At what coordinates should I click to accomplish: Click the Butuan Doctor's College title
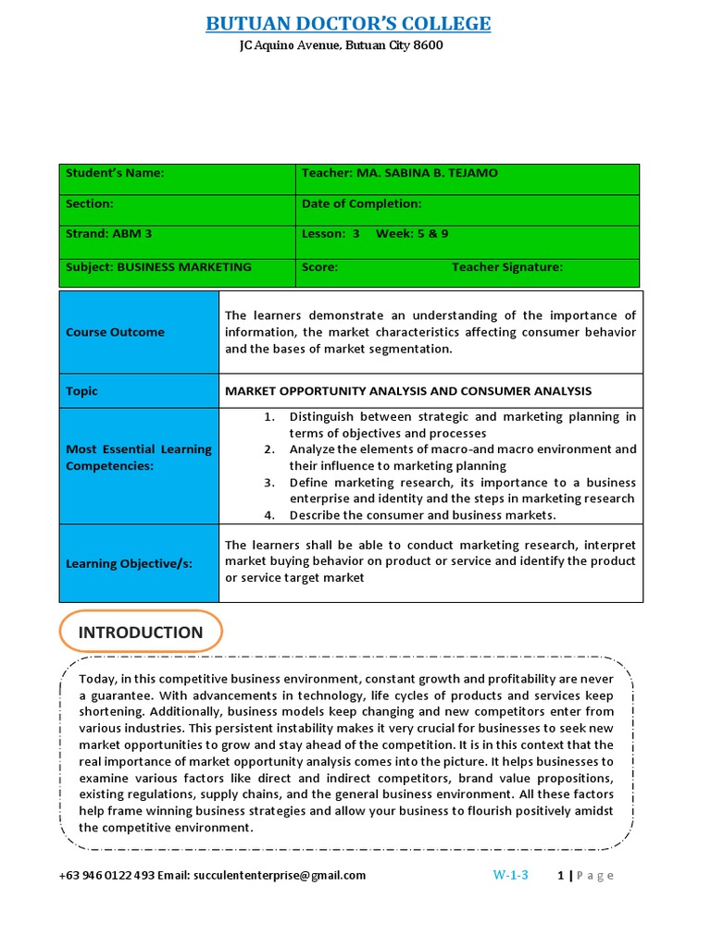click(x=348, y=23)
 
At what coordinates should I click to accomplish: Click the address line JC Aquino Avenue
click(x=341, y=45)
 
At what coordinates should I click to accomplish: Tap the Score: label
click(x=319, y=267)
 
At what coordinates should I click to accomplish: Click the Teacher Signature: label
click(x=506, y=267)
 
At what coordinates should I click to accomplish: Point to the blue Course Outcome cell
click(x=139, y=332)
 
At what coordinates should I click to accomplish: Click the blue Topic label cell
click(x=139, y=391)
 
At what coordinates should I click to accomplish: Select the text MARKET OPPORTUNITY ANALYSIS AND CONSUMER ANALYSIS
click(x=408, y=391)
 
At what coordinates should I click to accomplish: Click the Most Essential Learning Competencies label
click(x=139, y=458)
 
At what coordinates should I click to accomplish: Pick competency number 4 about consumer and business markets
click(x=422, y=515)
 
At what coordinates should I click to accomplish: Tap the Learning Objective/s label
click(x=139, y=563)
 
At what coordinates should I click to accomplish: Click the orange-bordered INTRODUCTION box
click(x=141, y=633)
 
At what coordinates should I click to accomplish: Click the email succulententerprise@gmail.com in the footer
click(x=280, y=875)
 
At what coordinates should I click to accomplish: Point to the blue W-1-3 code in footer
click(x=510, y=875)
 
